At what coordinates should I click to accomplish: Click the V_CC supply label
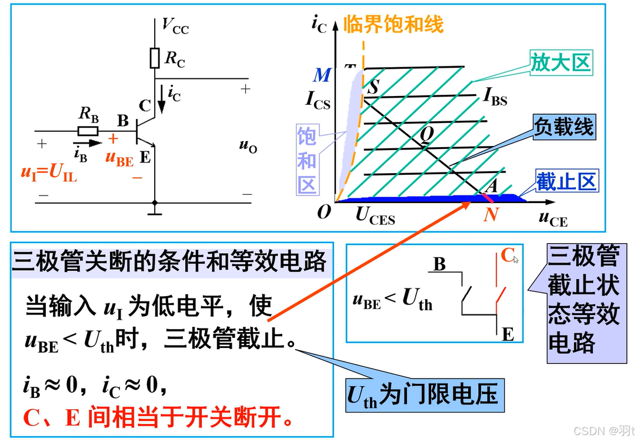175,26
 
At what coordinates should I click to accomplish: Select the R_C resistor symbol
155,58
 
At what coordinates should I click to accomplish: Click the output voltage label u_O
248,147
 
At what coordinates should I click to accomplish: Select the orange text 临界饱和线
393,24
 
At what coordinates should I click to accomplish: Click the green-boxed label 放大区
560,62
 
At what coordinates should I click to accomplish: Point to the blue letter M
322,75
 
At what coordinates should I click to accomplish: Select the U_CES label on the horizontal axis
375,216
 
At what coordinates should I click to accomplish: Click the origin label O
323,212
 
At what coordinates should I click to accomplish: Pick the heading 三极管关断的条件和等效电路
169,261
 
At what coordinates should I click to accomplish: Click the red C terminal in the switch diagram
506,256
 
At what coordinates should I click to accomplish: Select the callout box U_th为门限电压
422,394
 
